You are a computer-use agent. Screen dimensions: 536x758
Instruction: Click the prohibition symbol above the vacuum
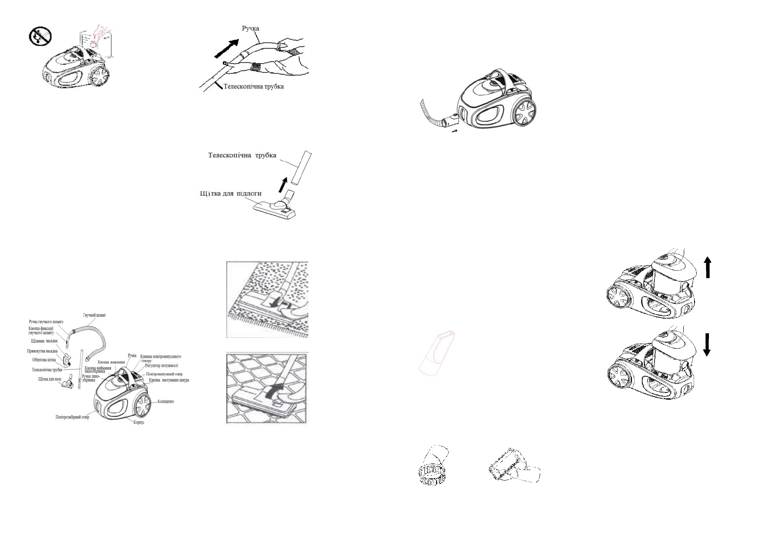pos(41,36)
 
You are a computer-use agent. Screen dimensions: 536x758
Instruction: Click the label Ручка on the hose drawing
pos(250,28)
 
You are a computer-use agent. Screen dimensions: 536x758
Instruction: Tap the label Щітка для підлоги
pos(230,194)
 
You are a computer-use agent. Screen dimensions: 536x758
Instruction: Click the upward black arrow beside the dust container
pos(708,266)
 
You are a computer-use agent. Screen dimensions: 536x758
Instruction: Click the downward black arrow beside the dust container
pos(707,345)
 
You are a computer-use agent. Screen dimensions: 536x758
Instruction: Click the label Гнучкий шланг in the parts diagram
pos(94,315)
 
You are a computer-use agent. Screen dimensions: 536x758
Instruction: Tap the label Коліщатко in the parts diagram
pos(166,401)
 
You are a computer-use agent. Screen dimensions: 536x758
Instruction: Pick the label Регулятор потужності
pos(161,365)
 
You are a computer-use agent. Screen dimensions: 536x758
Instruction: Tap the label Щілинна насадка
pos(44,341)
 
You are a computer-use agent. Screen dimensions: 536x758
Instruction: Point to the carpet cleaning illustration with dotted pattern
pos(267,299)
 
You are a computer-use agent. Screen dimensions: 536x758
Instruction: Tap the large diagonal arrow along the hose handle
pos(228,49)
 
